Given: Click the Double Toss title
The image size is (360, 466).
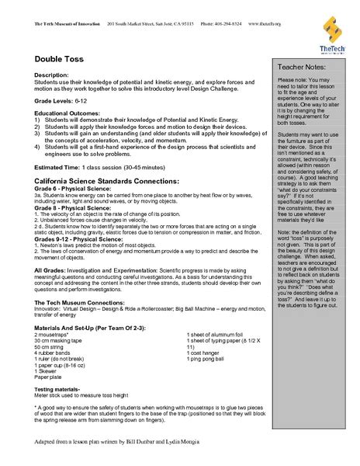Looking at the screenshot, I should point(58,58).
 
